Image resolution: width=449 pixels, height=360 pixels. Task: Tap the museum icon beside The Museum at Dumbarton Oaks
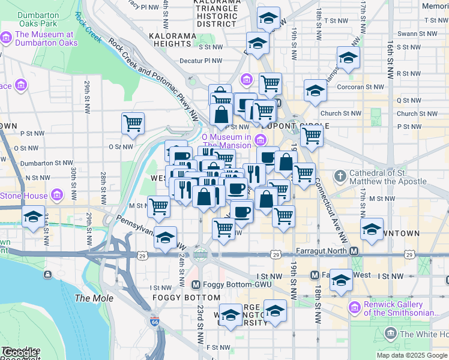(7, 39)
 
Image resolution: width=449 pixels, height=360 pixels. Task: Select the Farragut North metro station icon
(354, 251)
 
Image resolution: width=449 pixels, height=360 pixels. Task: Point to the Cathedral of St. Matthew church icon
(340, 176)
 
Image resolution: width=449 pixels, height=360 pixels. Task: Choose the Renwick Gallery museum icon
(354, 308)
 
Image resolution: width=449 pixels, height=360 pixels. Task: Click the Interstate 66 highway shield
(155, 321)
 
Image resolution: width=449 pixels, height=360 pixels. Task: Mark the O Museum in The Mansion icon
(260, 140)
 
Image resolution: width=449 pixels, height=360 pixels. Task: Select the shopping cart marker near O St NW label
(133, 124)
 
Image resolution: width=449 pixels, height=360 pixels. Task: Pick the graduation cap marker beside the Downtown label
(372, 229)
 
